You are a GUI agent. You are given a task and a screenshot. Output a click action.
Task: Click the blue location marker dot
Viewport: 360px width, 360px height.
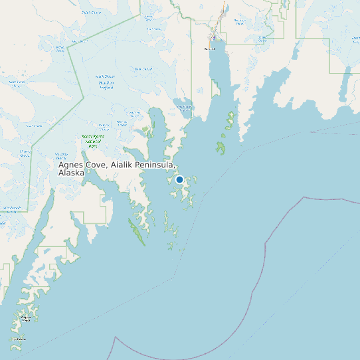pyautogui.click(x=179, y=179)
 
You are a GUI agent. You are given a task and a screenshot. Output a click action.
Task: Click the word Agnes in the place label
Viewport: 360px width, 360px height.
pyautogui.click(x=71, y=165)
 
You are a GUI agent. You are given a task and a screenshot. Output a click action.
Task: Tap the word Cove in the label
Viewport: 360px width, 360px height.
pyautogui.click(x=98, y=165)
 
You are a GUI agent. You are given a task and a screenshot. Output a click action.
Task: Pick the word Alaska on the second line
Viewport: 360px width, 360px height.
pyautogui.click(x=71, y=173)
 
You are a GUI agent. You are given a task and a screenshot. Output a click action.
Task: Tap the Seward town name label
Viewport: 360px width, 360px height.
pyautogui.click(x=210, y=48)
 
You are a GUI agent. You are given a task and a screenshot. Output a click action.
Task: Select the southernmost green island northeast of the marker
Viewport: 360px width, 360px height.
pyautogui.click(x=221, y=147)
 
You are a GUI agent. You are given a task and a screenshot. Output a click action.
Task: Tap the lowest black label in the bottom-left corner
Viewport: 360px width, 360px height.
pyautogui.click(x=18, y=339)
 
